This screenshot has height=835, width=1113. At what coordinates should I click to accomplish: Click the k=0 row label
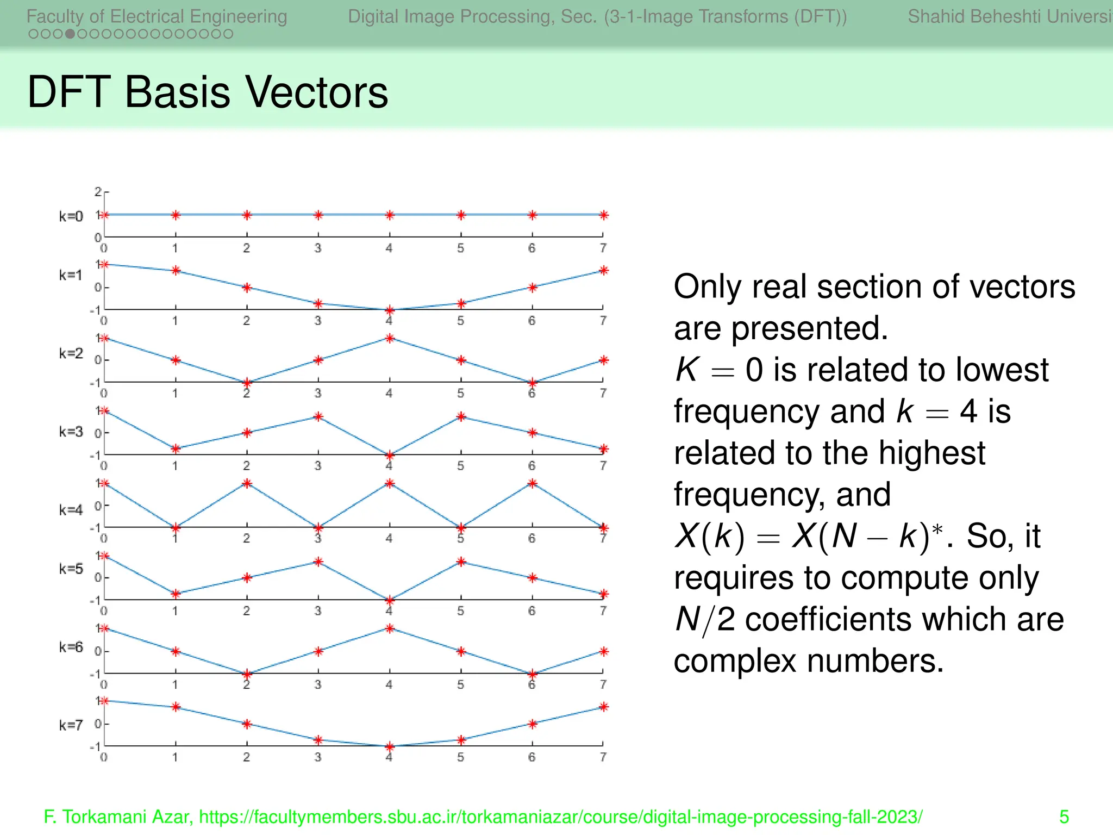(71, 216)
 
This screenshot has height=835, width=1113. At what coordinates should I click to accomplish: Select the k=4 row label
(71, 510)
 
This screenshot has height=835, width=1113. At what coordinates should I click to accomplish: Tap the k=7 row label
(71, 725)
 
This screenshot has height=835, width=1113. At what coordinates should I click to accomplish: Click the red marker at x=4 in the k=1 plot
(390, 310)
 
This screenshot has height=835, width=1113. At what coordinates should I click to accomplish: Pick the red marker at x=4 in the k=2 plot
(390, 338)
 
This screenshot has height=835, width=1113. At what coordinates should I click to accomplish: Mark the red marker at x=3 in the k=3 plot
(318, 417)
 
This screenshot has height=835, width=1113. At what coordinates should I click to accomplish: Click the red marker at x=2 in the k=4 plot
(247, 483)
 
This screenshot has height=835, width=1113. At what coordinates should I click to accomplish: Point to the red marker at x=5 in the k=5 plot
(461, 562)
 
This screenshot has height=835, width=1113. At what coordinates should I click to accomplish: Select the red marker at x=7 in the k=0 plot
(604, 215)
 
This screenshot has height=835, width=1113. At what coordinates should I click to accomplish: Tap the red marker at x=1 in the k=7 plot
(176, 707)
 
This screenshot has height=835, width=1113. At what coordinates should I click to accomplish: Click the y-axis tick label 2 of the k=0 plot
(98, 192)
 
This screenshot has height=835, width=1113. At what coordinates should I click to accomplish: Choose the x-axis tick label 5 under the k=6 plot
(460, 684)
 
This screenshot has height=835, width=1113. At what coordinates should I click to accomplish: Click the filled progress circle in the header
(70, 34)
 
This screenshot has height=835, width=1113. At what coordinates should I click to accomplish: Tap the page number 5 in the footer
(1064, 817)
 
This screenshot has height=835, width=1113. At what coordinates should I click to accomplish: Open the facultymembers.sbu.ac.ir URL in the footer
(560, 817)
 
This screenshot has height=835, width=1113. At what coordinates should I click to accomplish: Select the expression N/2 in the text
(704, 620)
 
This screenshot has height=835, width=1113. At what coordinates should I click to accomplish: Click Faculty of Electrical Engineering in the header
(157, 16)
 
